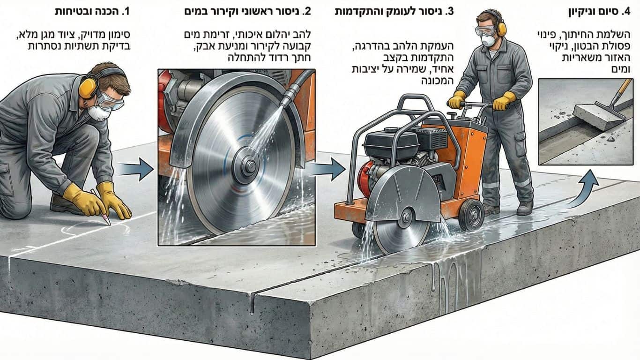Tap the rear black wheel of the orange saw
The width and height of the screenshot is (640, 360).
pos(471,215)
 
